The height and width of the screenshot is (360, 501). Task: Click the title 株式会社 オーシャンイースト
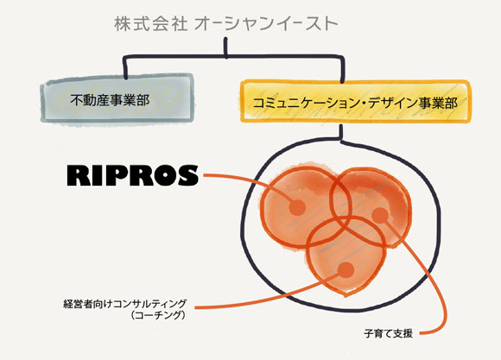click(x=226, y=24)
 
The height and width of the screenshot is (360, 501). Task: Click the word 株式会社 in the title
click(x=150, y=24)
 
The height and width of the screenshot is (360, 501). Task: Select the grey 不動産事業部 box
click(x=117, y=98)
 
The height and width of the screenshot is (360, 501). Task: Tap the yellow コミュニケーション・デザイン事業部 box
click(x=355, y=102)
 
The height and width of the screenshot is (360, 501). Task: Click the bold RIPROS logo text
click(x=133, y=175)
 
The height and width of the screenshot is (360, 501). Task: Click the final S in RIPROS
click(x=188, y=175)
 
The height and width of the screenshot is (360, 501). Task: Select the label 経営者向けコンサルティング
click(x=125, y=304)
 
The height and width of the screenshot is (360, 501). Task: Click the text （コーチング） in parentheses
click(x=158, y=315)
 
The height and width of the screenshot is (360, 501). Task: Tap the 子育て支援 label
click(x=388, y=333)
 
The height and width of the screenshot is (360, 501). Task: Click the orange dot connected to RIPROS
click(x=297, y=208)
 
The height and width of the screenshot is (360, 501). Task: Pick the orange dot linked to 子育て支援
click(x=380, y=216)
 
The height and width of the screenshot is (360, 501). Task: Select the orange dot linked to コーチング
click(x=346, y=270)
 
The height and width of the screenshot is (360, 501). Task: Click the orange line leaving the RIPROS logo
click(x=252, y=181)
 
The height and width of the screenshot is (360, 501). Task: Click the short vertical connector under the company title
click(x=225, y=48)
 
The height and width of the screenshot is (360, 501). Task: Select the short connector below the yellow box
click(x=341, y=131)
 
